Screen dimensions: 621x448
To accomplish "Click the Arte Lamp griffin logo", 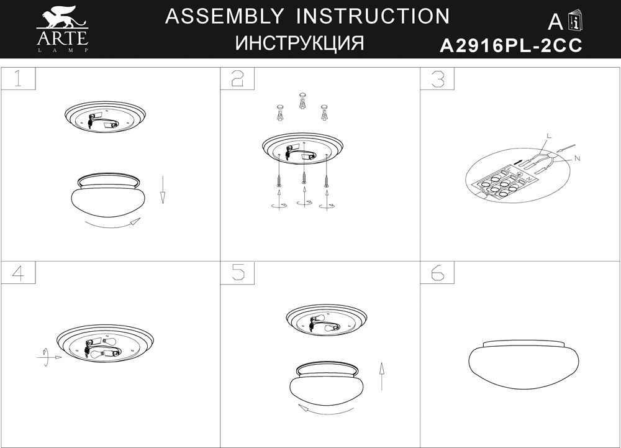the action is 62,29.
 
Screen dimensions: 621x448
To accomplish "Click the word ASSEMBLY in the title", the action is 224,16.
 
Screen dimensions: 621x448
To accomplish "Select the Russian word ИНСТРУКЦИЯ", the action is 299,43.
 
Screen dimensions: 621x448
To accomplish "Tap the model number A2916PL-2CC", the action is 511,45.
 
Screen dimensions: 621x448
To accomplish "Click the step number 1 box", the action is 18,78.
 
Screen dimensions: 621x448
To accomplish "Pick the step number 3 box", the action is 437,78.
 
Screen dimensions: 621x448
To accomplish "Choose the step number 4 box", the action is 18,273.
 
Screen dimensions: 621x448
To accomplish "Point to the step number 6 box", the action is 437,273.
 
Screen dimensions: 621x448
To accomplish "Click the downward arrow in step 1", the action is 162,190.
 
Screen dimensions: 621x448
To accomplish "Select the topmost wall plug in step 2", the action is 303,101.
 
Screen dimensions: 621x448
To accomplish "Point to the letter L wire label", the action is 548,136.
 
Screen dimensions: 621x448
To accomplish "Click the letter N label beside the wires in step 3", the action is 577,158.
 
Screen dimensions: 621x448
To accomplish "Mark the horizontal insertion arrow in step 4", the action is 50,357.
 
